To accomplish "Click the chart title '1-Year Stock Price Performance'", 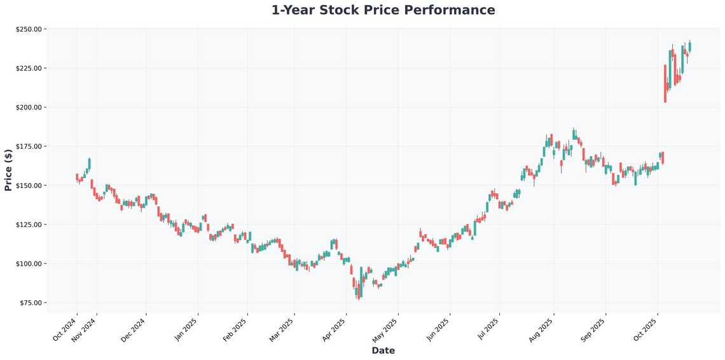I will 383,10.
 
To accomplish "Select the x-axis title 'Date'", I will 383,350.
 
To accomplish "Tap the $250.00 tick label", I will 29,29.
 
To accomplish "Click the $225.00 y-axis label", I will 29,68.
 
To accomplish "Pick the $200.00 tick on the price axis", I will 29,107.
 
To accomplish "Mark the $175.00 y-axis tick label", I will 29,146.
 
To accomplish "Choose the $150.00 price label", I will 29,186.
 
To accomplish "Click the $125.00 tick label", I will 29,225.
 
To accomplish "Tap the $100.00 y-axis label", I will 29,264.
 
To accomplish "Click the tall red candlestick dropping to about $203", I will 665,83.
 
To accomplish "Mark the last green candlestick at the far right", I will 690,46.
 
